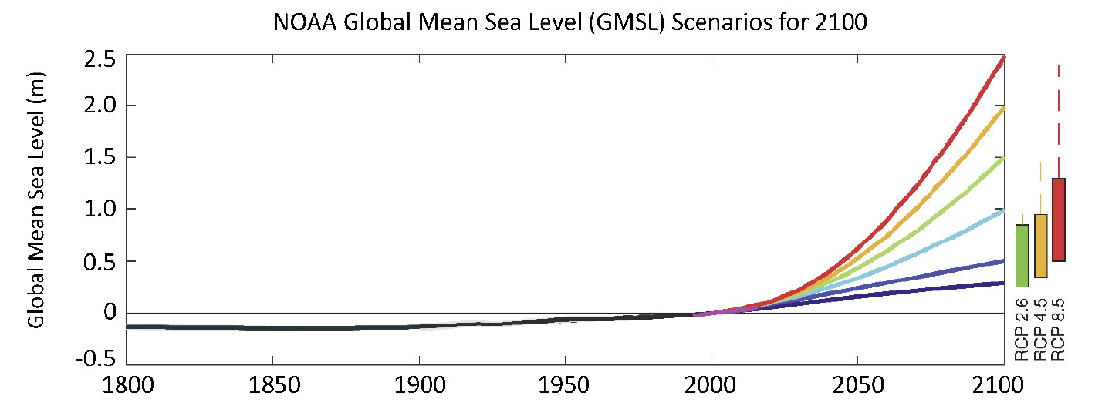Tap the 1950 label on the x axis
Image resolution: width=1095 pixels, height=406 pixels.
click(565, 383)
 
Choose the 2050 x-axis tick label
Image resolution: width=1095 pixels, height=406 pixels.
click(857, 383)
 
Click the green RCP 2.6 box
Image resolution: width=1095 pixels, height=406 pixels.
click(1022, 255)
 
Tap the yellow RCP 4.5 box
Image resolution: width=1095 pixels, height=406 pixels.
click(1040, 246)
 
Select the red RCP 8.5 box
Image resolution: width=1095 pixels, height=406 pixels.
click(1059, 220)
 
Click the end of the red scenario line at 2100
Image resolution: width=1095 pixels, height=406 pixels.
click(1002, 58)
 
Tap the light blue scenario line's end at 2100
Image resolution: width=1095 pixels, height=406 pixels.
click(1002, 210)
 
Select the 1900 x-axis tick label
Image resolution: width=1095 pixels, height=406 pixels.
click(418, 383)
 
